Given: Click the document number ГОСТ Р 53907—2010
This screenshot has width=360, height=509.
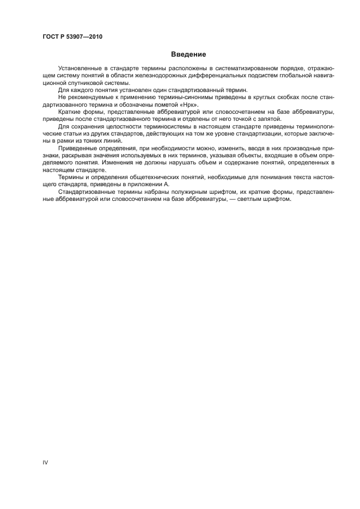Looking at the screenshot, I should tap(72, 37).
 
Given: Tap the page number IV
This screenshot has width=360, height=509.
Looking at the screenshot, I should tap(45, 462).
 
